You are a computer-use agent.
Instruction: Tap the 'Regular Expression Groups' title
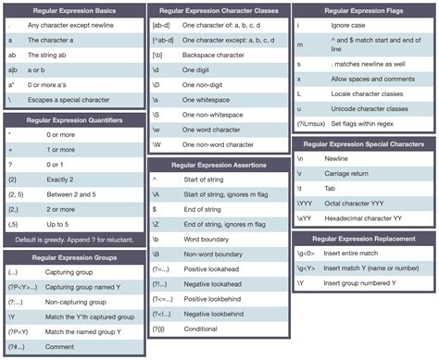click(x=73, y=257)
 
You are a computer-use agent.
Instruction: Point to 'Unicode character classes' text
click(x=366, y=109)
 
